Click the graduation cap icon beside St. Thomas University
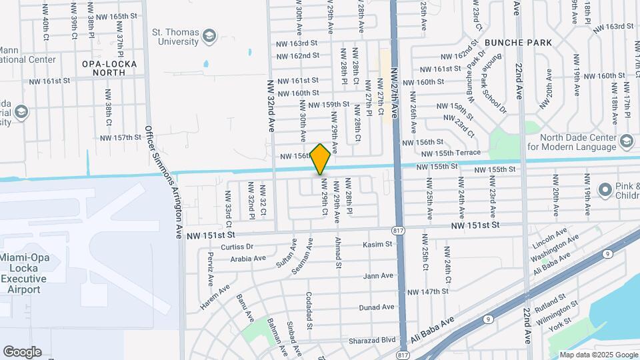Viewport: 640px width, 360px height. [209, 35]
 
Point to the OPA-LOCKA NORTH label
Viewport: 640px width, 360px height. [104, 67]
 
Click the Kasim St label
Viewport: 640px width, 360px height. [377, 245]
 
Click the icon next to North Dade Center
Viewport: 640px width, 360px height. [626, 141]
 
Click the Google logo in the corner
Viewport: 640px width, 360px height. [22, 352]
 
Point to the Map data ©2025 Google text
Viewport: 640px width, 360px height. [598, 355]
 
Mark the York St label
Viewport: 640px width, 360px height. [559, 319]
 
